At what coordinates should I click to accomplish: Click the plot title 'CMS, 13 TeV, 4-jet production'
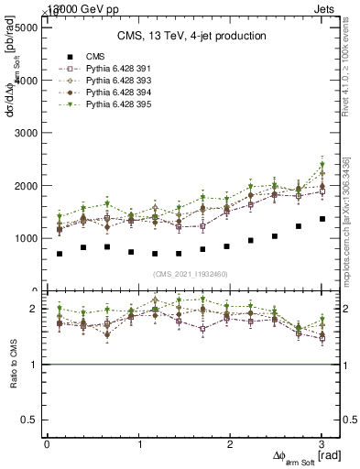tap(191, 36)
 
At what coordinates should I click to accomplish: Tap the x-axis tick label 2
tap(231, 444)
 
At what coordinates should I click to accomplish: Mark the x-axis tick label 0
tap(47, 444)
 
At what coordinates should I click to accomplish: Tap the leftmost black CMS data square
tap(60, 254)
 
